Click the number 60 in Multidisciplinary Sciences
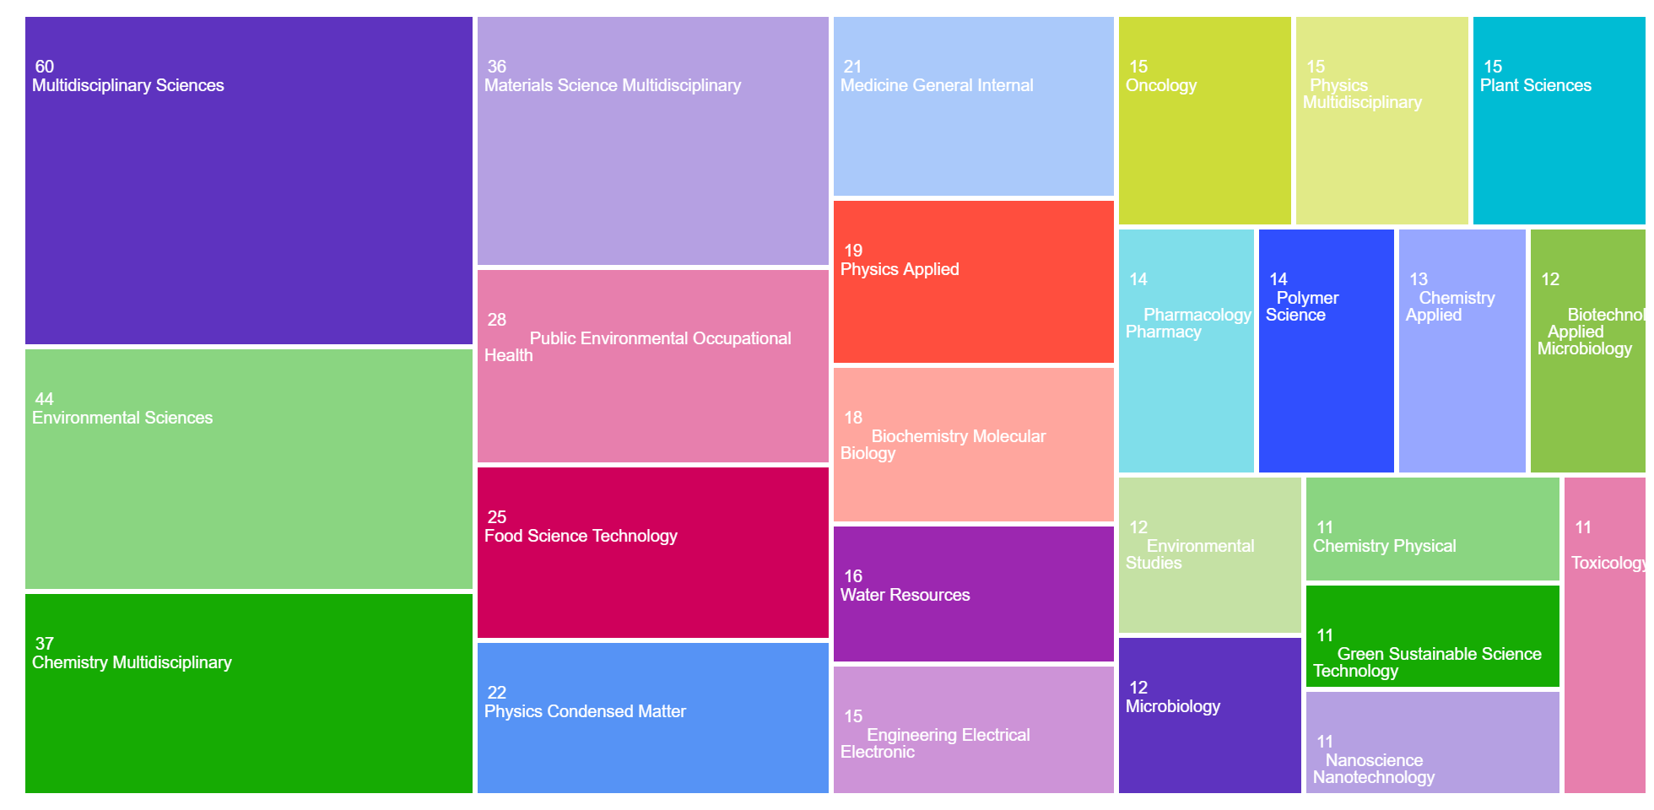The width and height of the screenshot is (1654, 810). tap(45, 67)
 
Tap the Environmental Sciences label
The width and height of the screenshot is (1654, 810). tap(122, 418)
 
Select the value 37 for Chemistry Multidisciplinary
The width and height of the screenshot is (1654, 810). tap(45, 644)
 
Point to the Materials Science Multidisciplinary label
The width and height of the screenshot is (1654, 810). tap(612, 85)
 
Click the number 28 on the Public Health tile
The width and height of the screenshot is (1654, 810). tap(497, 320)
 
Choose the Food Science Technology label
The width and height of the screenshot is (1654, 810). tap(581, 536)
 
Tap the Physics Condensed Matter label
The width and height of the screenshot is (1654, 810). tap(585, 711)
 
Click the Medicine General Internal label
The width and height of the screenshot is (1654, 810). tap(937, 85)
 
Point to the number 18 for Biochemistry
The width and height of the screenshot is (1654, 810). tap(853, 418)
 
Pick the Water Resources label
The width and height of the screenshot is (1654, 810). tap(905, 595)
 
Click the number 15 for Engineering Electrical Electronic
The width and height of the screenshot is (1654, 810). tap(853, 716)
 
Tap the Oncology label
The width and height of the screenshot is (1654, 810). tap(1161, 85)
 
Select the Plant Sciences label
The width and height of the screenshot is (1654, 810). tap(1535, 85)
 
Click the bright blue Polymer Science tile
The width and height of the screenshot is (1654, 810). tap(1326, 380)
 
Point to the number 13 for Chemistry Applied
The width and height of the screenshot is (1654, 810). tap(1419, 279)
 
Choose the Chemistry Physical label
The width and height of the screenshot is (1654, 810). tap(1384, 546)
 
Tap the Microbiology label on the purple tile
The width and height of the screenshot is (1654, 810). tap(1173, 706)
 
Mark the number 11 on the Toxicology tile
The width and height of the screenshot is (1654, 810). tap(1583, 527)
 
